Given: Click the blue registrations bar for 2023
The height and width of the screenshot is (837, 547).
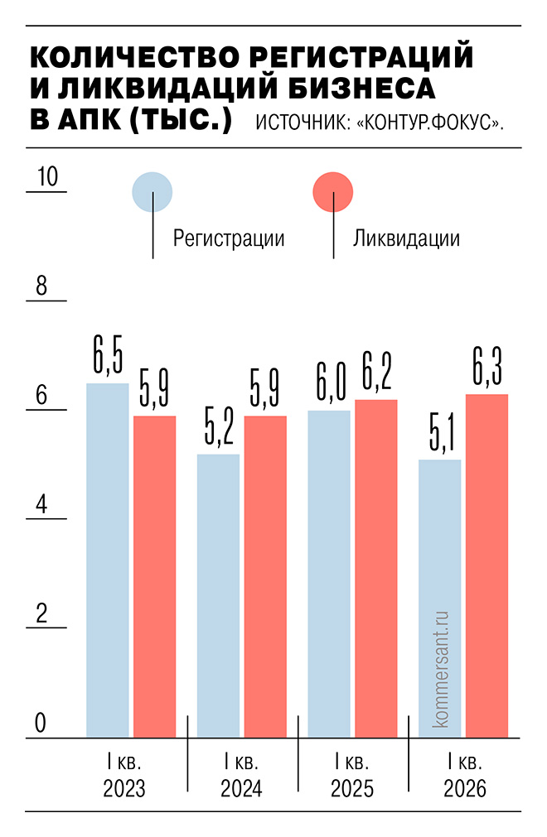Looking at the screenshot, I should coord(108,560).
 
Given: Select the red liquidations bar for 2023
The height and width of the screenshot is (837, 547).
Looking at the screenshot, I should coord(155,576).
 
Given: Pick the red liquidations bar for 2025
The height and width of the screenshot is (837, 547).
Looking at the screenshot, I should coord(376,568).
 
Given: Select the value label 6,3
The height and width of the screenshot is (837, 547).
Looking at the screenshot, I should coord(486,368).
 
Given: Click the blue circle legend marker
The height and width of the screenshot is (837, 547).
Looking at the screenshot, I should coord(152,191).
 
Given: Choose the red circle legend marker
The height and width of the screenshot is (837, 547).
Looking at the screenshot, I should coord(333,191).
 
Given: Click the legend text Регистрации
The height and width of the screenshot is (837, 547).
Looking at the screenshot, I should coord(229,238).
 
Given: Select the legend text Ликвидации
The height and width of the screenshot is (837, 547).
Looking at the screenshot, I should coord(406,238).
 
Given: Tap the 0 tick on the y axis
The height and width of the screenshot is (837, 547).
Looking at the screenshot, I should coord(40,724).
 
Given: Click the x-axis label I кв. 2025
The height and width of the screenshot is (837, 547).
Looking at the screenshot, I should coord(352,775).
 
